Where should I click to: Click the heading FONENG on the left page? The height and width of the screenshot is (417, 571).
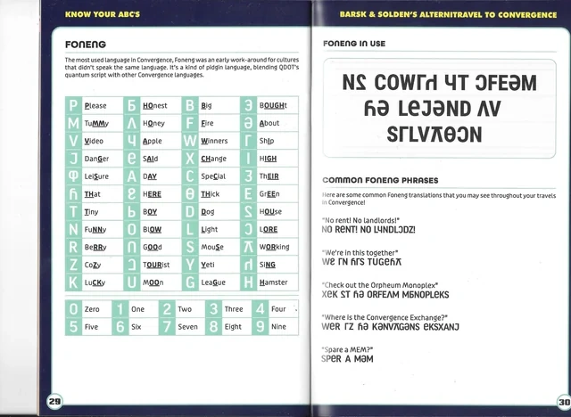pos(86,43)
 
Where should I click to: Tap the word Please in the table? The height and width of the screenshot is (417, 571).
pos(95,105)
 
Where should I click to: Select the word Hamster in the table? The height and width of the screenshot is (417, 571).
pos(273,282)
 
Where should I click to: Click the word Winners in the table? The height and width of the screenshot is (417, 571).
pos(214,141)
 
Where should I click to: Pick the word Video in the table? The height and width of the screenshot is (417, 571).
pos(94,141)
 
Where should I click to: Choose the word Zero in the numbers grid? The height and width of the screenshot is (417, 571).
pos(92,309)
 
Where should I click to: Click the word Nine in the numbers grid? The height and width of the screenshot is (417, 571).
pos(278,327)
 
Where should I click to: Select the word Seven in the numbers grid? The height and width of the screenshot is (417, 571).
pos(187,327)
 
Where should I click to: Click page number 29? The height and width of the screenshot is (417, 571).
pos(54,402)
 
